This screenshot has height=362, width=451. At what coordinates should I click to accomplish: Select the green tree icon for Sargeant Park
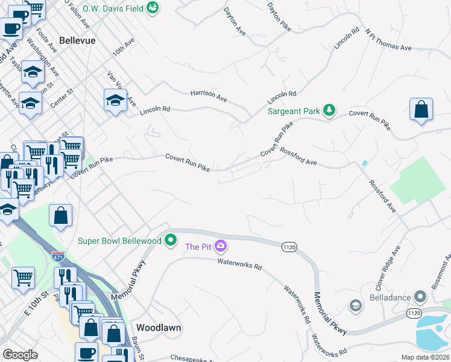tap(329, 110)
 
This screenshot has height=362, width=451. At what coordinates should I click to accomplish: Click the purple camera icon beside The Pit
tap(221, 246)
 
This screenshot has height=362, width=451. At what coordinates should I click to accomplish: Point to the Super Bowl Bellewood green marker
tap(171, 240)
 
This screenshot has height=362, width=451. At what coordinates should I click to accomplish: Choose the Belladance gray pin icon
tap(421, 297)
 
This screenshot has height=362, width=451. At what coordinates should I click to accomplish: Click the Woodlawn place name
tap(159, 328)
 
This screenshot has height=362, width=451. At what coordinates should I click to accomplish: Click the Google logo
tap(20, 355)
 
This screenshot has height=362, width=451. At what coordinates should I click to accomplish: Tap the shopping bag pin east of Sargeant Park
tap(421, 110)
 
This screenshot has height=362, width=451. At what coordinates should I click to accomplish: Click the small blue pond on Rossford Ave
tap(364, 163)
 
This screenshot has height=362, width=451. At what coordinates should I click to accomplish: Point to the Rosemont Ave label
tap(445, 266)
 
